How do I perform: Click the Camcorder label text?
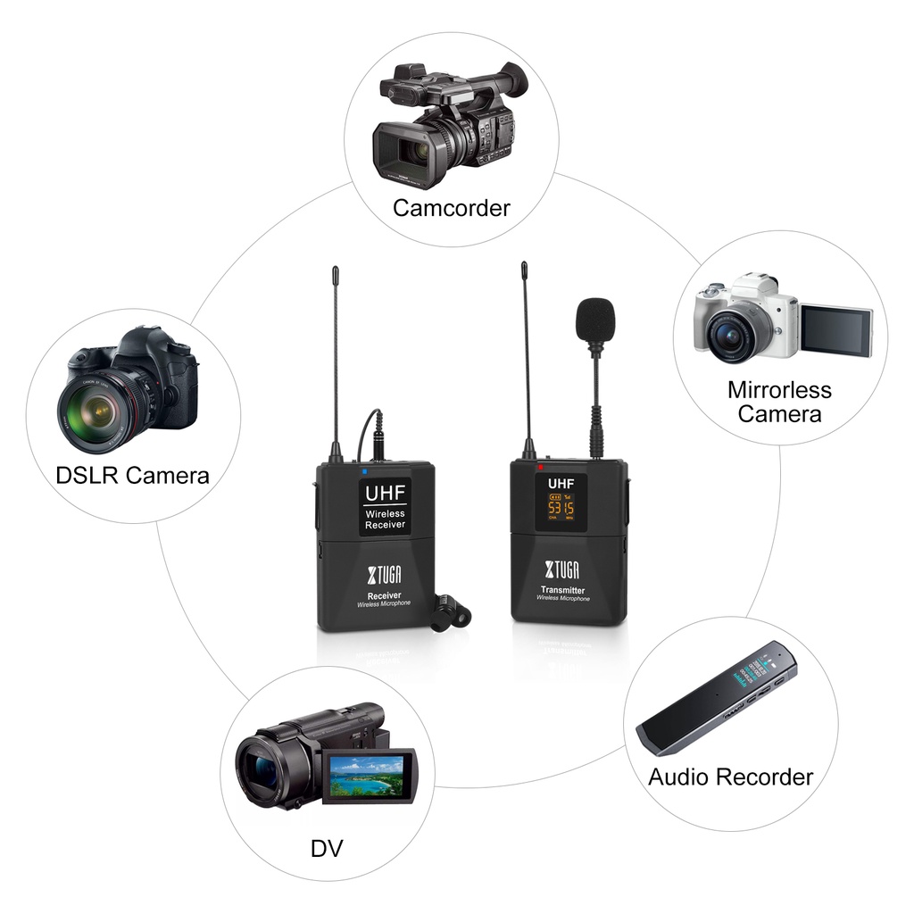[x=451, y=209]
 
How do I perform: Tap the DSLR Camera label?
[x=132, y=475]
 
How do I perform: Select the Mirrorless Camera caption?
[x=778, y=402]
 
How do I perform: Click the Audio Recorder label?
[x=730, y=777]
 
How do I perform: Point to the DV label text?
[x=326, y=848]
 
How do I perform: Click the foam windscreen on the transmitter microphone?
[x=594, y=320]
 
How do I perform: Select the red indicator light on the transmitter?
[x=541, y=467]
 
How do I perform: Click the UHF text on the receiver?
[x=384, y=492]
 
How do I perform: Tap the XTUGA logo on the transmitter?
[x=562, y=570]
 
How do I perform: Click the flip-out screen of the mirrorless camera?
[x=835, y=330]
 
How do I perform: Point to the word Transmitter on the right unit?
[x=562, y=590]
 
